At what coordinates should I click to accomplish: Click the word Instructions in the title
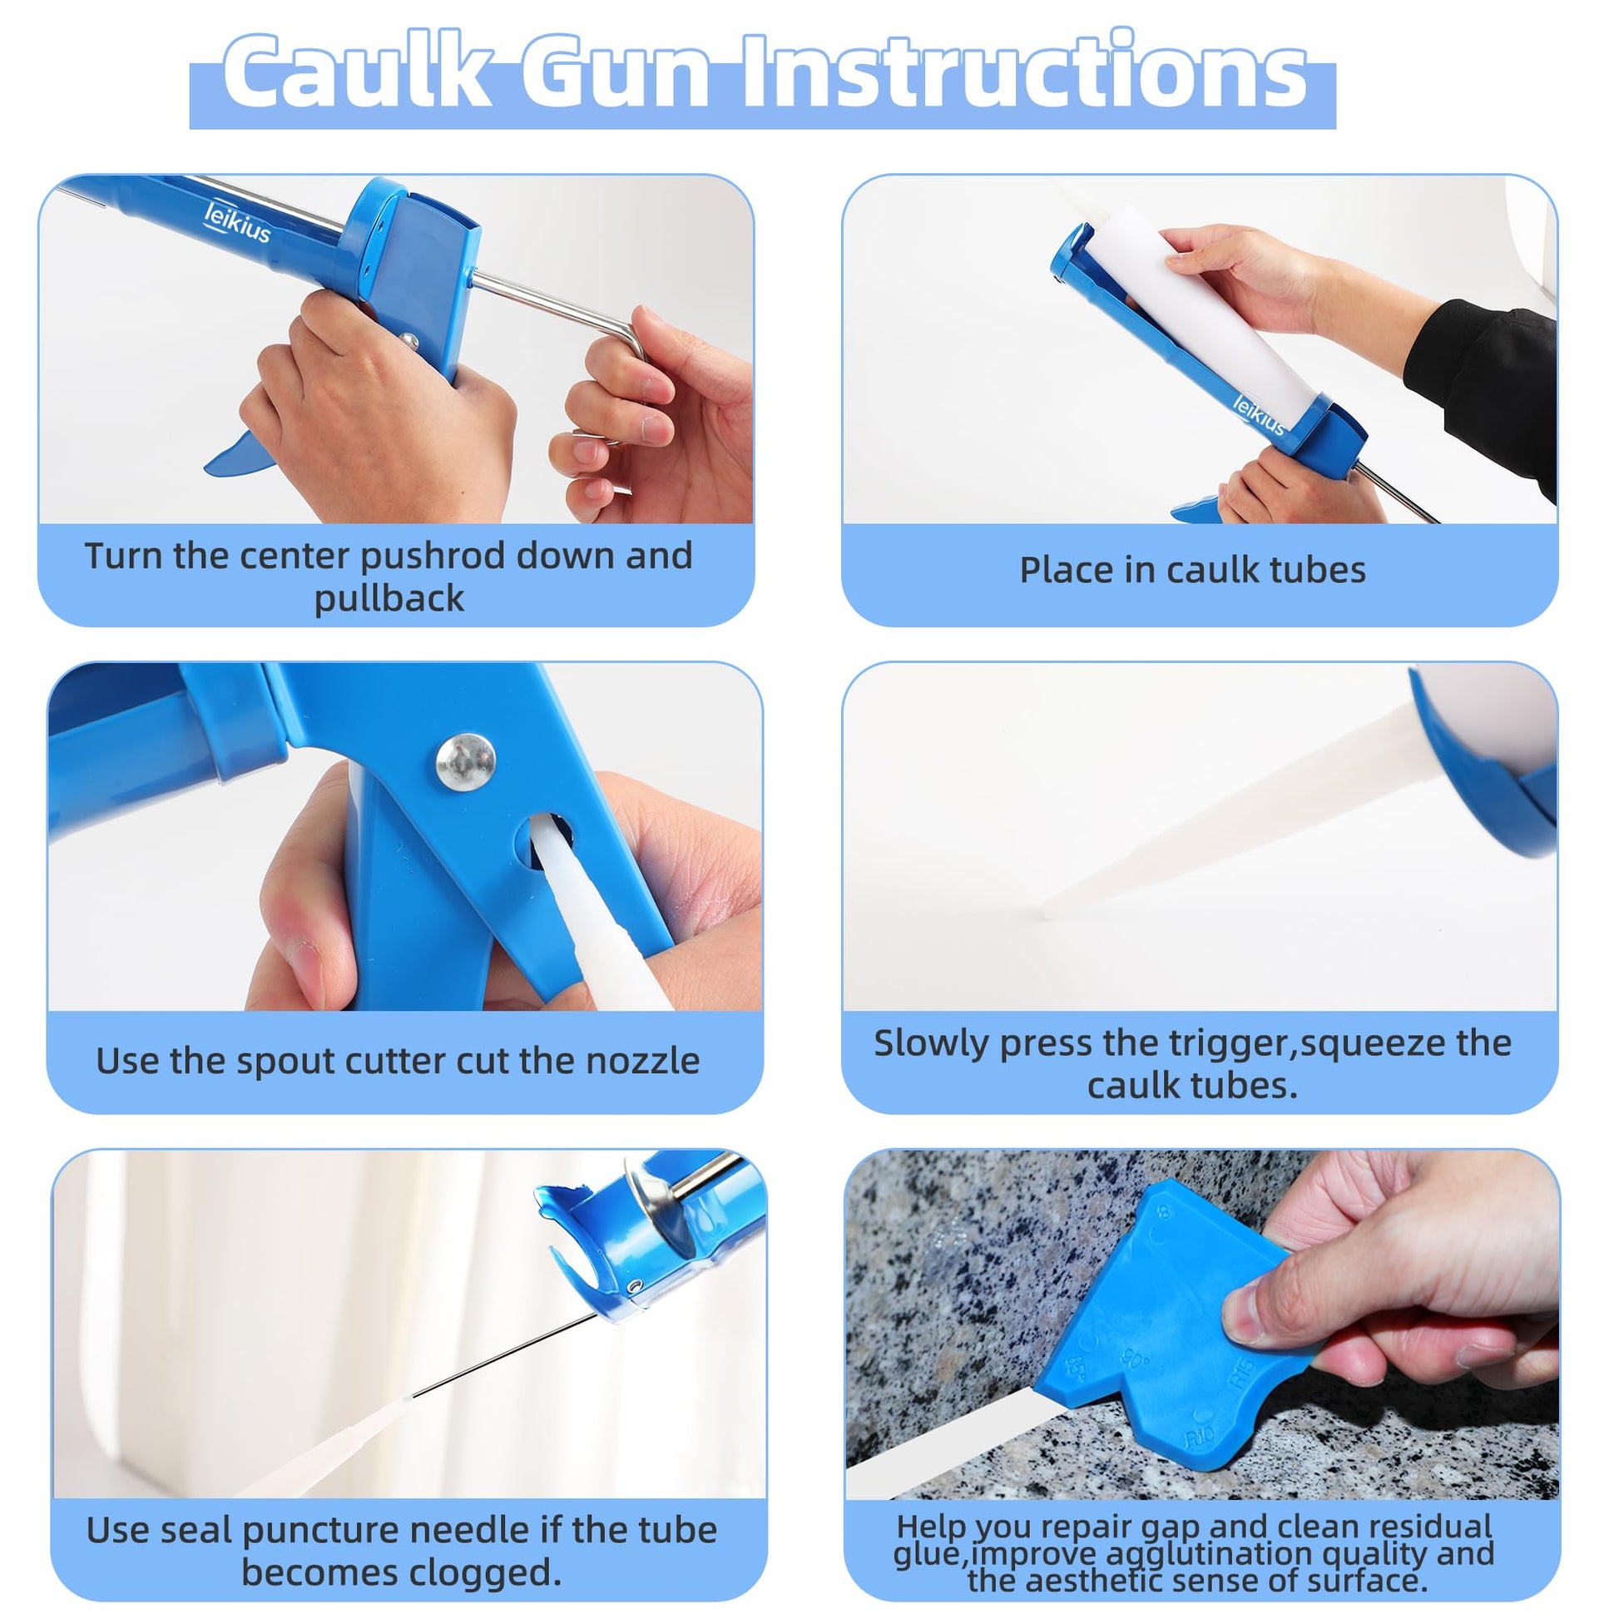(1024, 72)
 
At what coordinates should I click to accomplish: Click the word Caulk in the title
(357, 72)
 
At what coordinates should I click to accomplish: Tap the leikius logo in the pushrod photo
(238, 222)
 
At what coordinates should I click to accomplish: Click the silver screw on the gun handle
(465, 761)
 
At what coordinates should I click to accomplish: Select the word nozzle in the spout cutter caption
(642, 1062)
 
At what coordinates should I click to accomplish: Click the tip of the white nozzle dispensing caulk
(1045, 913)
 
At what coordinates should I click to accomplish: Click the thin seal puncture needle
(503, 1355)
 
